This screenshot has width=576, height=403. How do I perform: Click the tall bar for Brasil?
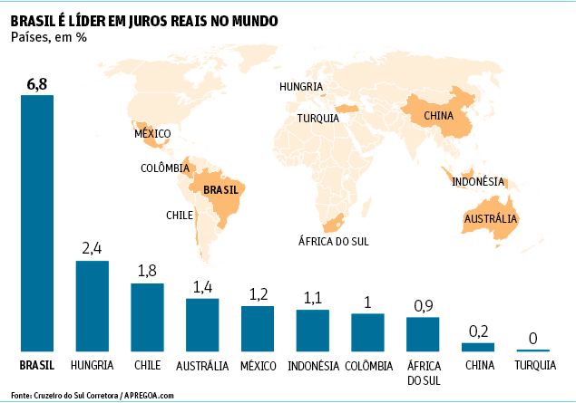point(37,223)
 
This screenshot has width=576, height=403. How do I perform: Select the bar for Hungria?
point(93,305)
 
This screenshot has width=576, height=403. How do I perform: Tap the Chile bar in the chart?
point(147,317)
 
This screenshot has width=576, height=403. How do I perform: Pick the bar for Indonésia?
point(313,330)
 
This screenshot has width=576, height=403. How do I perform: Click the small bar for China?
point(478,347)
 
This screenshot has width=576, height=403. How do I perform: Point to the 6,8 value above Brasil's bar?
point(37,84)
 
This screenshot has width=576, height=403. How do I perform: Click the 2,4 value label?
point(93,248)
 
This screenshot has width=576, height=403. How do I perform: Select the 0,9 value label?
point(423,306)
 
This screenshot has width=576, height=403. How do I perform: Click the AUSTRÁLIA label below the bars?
point(202,366)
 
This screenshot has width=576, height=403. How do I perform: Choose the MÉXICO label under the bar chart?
point(258,366)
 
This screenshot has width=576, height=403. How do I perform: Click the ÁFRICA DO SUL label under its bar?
point(423,372)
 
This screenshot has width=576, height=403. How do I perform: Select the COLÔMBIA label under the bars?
point(368,366)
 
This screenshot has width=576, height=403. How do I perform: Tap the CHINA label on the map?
point(439,116)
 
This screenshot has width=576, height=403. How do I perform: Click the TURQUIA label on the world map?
point(317,118)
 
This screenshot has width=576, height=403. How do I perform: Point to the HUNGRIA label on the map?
point(301,87)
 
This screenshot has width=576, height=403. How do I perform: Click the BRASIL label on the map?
point(220,190)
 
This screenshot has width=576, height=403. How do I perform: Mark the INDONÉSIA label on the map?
point(478,181)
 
